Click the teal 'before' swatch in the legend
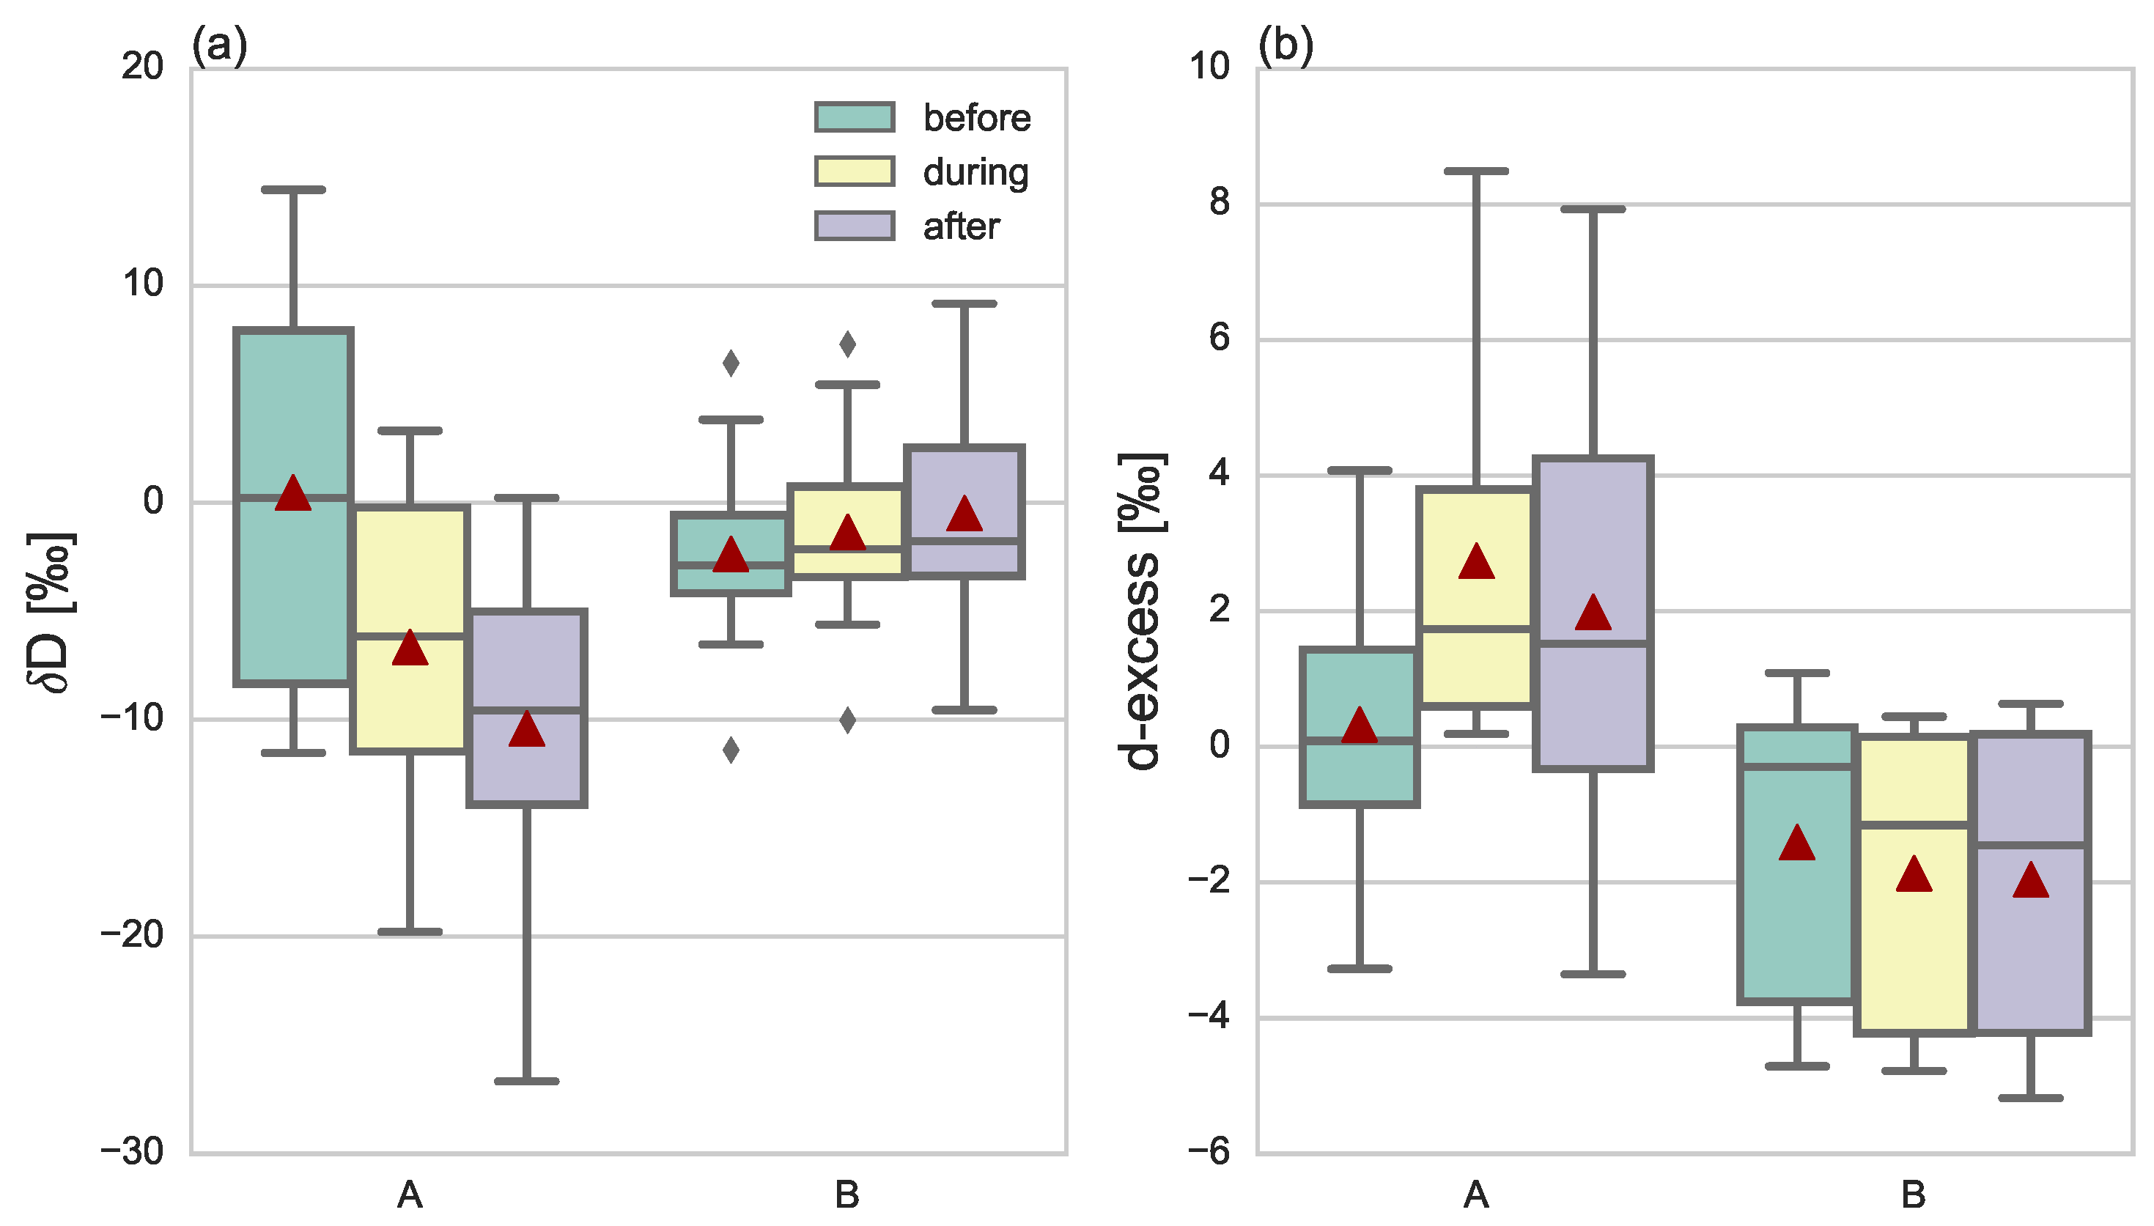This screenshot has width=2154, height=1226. click(x=854, y=117)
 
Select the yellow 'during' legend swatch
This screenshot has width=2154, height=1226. click(x=854, y=171)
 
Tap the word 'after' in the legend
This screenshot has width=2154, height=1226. click(x=961, y=226)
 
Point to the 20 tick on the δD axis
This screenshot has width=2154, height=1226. click(x=142, y=66)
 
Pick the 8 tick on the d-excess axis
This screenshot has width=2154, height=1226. click(x=1220, y=202)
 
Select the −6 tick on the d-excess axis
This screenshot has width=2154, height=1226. click(x=1209, y=1151)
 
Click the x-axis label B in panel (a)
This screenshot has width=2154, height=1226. click(x=847, y=1194)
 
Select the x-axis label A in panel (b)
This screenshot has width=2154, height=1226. click(x=1476, y=1194)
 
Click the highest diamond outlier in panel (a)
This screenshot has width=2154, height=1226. click(x=848, y=344)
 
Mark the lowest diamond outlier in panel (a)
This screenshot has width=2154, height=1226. click(x=731, y=750)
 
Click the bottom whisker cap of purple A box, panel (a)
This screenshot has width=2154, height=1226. click(x=527, y=1080)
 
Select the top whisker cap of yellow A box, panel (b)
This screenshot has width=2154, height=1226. click(x=1476, y=171)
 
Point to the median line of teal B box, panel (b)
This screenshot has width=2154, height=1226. click(x=1797, y=767)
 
